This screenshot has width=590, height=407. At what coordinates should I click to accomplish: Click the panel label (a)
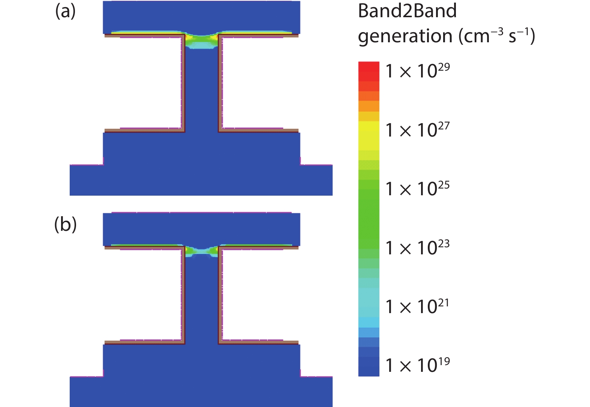click(x=65, y=12)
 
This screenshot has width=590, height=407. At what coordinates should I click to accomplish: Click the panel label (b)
click(x=65, y=224)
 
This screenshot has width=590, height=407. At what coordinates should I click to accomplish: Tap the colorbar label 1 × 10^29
click(x=418, y=70)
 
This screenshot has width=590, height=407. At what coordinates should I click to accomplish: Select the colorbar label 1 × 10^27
click(x=418, y=129)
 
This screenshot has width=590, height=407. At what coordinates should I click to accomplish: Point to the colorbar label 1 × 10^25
click(x=418, y=189)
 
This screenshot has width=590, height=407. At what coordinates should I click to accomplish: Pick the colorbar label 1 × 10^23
click(x=418, y=247)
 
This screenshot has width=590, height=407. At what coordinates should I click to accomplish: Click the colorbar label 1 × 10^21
click(x=418, y=306)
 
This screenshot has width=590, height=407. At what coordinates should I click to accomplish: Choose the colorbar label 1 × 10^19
click(x=418, y=365)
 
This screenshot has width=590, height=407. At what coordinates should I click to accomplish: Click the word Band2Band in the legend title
click(x=407, y=11)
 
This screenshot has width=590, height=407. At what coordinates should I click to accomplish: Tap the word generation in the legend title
click(x=405, y=36)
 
